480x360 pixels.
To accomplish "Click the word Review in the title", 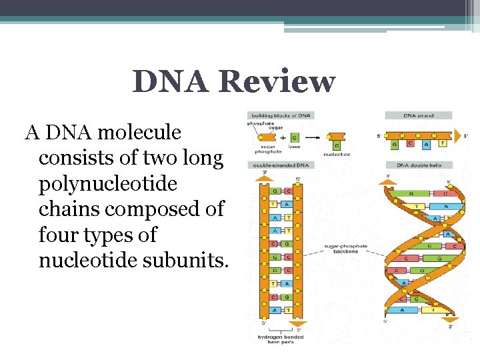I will tap(277, 83).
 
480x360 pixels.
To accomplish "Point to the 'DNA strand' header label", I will tap(419, 115).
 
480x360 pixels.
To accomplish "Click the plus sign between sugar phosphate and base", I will tap(283, 137).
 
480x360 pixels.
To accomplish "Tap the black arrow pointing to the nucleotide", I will tap(313, 137).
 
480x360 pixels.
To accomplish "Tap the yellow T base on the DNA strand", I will tap(443, 142).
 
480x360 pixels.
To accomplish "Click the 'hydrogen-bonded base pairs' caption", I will tap(281, 339).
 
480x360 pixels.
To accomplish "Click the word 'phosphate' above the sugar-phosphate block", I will tap(260, 123).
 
